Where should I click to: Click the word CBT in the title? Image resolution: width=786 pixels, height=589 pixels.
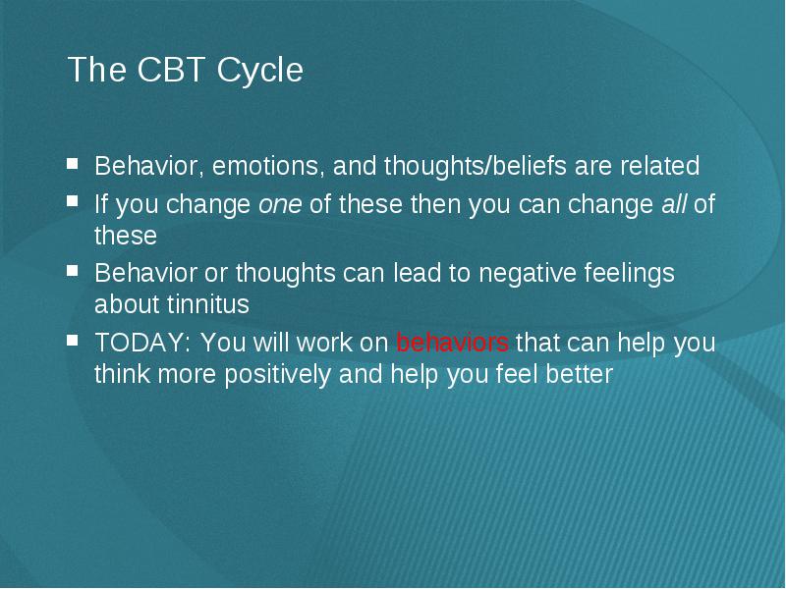point(171,69)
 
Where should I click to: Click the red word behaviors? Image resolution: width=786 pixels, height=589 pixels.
point(453,343)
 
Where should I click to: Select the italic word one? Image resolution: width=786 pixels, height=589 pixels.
point(280,205)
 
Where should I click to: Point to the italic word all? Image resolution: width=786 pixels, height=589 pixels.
point(674,203)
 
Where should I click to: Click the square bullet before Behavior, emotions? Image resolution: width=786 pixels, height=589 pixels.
point(73,164)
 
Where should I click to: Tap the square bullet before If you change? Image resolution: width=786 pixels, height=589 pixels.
point(73,201)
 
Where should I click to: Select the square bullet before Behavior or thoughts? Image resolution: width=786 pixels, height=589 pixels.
point(73,271)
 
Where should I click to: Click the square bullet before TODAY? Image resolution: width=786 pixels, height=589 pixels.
point(73,341)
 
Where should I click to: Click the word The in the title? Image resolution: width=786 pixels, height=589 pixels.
point(96,69)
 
